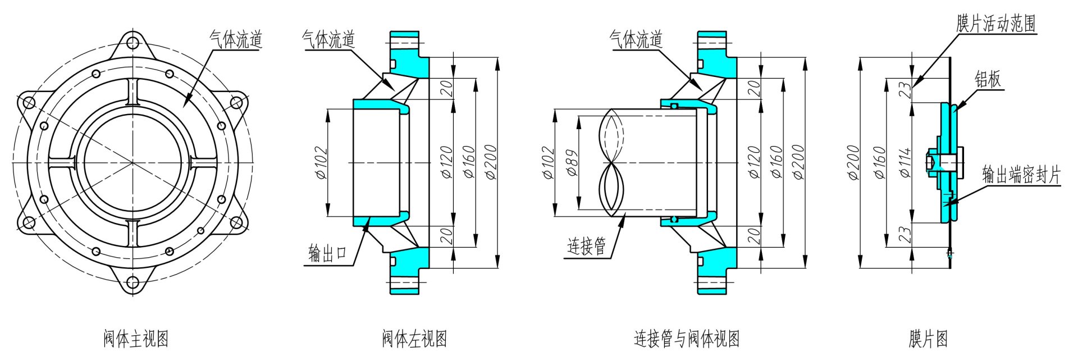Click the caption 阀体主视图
(135, 339)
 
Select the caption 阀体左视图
(414, 339)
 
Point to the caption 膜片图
(928, 339)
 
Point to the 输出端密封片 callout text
(1021, 176)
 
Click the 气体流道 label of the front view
(236, 39)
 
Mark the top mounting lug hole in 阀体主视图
(133, 43)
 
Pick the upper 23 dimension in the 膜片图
(905, 90)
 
